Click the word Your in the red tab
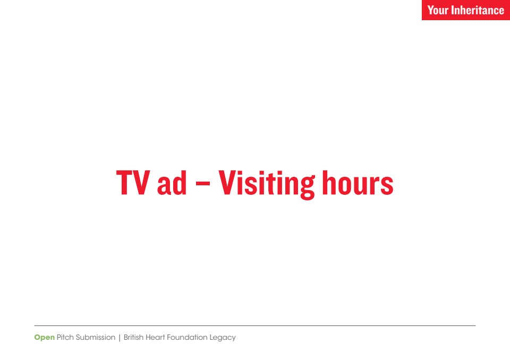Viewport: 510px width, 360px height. [438, 10]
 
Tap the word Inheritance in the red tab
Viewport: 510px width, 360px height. [478, 10]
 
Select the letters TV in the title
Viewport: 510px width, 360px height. [133, 183]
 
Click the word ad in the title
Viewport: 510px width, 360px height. [172, 183]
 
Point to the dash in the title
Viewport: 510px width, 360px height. [202, 183]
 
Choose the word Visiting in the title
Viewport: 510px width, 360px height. [266, 184]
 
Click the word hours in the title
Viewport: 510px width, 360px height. [358, 183]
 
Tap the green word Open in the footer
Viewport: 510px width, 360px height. [44, 338]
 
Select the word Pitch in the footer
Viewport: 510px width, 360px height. [65, 337]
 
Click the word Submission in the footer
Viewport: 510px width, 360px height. [96, 337]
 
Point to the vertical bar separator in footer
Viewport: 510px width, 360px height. [120, 338]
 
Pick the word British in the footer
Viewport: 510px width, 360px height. [133, 337]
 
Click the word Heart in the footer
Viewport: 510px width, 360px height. [155, 337]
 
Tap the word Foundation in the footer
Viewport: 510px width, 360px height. [187, 337]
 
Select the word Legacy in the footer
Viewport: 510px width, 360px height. [223, 338]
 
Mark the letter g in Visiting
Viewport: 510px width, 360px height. [307, 187]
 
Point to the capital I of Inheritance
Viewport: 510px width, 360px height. [453, 10]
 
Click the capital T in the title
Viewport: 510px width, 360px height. [124, 183]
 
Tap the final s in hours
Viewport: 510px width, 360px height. [387, 185]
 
